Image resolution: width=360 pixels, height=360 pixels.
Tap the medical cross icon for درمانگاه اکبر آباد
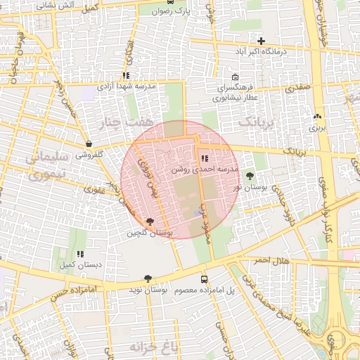coord(262,41)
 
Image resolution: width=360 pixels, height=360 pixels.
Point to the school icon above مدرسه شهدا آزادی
coord(126,75)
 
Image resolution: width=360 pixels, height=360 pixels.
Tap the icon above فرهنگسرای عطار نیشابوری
coord(235,77)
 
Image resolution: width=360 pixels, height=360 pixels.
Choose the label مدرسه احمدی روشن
coord(205,170)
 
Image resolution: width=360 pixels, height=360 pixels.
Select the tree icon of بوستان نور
coord(250,174)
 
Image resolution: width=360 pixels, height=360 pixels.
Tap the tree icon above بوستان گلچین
coord(150,222)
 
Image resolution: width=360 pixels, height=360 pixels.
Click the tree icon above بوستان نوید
coord(148,279)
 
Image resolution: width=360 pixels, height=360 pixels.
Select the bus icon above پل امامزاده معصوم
coord(204,279)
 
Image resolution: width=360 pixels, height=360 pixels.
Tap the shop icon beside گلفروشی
coord(88,143)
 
